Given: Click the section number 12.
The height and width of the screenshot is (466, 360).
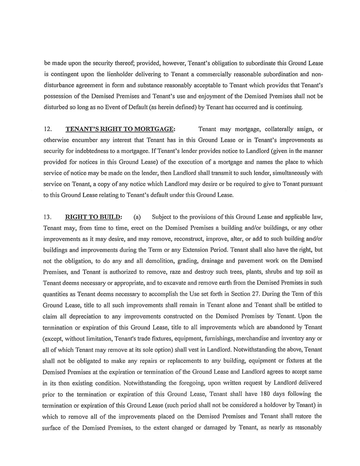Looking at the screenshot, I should point(48,129).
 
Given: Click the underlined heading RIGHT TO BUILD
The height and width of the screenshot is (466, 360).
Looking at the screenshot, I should point(93,217).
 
